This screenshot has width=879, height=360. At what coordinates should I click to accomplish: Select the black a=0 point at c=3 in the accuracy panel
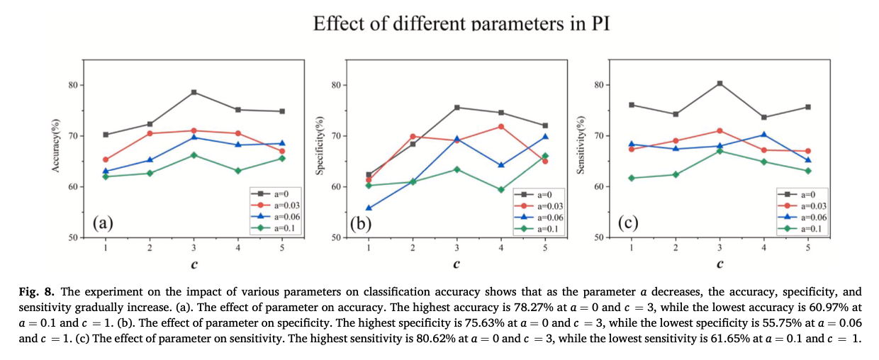tap(194, 92)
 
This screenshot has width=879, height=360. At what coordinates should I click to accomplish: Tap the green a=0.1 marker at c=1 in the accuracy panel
tap(106, 176)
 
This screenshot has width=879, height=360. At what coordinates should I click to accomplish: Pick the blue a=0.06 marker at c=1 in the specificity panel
tap(369, 208)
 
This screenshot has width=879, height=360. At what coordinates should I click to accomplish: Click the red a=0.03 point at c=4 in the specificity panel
tap(501, 126)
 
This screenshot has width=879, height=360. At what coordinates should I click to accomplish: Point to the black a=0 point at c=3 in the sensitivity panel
tap(720, 83)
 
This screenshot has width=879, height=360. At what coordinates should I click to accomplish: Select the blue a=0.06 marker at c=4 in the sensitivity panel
tap(763, 135)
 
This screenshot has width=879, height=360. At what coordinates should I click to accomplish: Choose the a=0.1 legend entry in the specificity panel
tap(541, 228)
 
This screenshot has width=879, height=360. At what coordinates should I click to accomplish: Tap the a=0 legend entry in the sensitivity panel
tap(804, 193)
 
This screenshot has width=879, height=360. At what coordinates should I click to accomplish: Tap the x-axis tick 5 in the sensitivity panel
tap(807, 247)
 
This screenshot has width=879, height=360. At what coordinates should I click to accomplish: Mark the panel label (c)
tap(628, 223)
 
